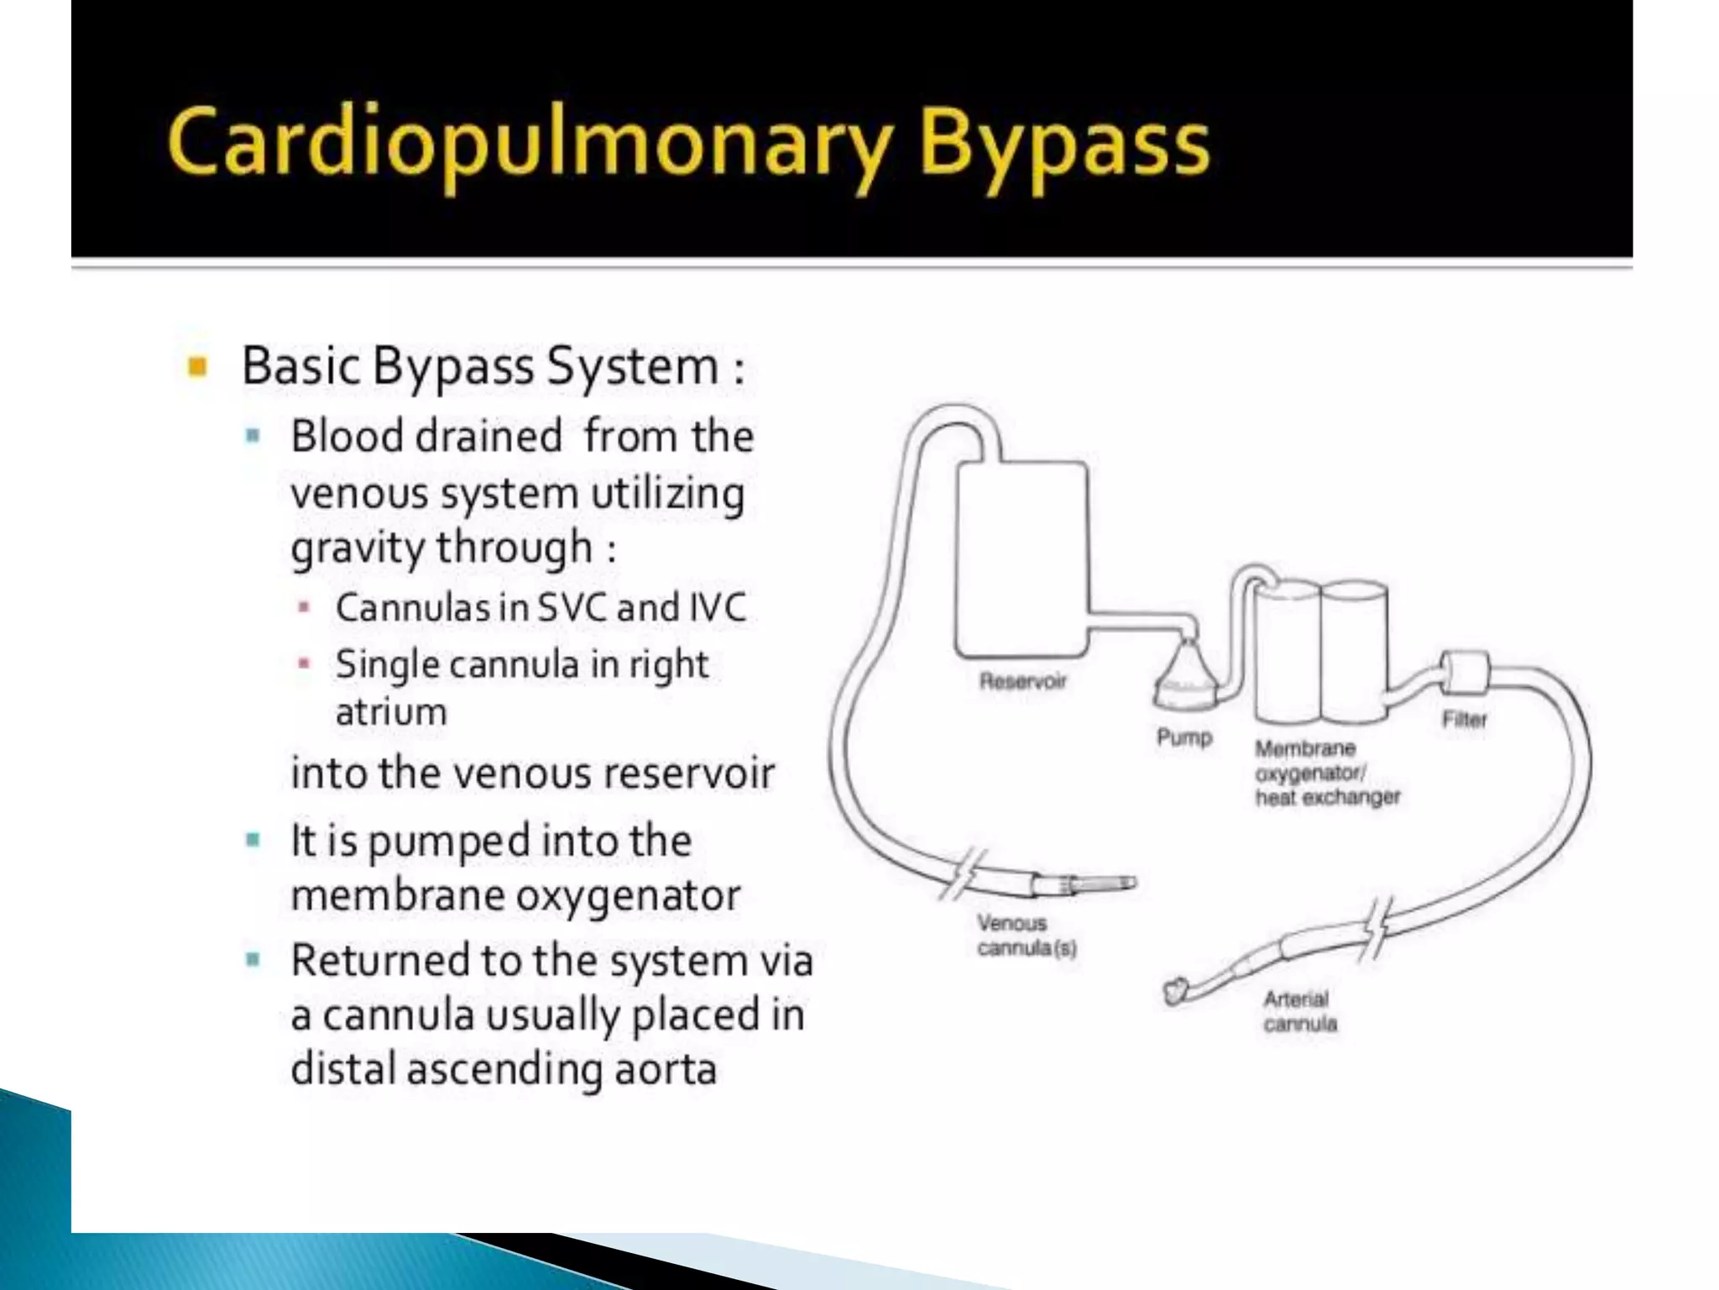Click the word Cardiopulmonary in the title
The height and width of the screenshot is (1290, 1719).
pyautogui.click(x=529, y=144)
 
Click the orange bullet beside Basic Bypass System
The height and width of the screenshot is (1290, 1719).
pyautogui.click(x=198, y=366)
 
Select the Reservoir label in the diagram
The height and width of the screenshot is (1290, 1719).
pyautogui.click(x=1022, y=680)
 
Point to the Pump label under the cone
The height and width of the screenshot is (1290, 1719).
pyautogui.click(x=1184, y=737)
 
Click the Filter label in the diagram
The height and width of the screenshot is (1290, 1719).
pyautogui.click(x=1464, y=719)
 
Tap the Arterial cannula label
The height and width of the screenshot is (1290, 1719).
pyautogui.click(x=1299, y=1011)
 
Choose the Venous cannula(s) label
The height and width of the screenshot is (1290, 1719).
pyautogui.click(x=1026, y=935)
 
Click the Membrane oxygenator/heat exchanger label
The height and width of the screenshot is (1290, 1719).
pyautogui.click(x=1326, y=773)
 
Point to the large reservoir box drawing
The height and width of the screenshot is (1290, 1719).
pyautogui.click(x=1022, y=559)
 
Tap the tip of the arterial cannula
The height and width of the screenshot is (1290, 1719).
pyautogui.click(x=1175, y=991)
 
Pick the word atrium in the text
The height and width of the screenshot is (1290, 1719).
pyautogui.click(x=391, y=712)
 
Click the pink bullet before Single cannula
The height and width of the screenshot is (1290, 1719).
pyautogui.click(x=304, y=664)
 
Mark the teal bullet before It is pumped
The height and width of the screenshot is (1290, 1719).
pyautogui.click(x=253, y=840)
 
